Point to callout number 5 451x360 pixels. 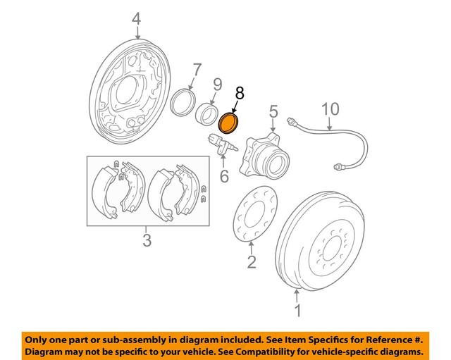[x=273, y=111]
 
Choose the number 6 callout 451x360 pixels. [x=224, y=175]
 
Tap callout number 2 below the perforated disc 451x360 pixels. [x=252, y=263]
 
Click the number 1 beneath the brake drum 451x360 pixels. [x=297, y=311]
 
